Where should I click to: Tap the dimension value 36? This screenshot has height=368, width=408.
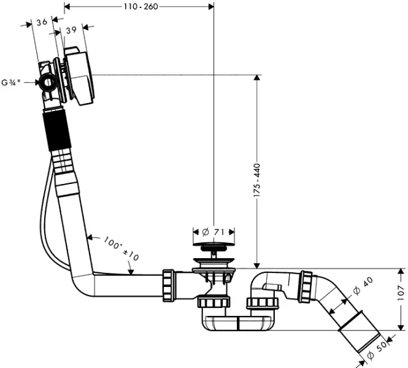tap(42, 22)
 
